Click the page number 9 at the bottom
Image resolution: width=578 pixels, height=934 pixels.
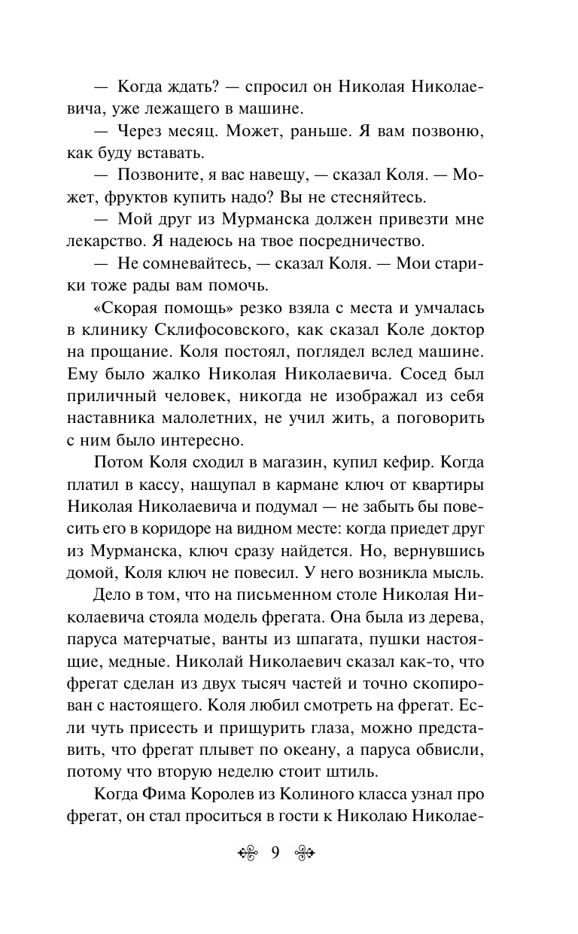275,853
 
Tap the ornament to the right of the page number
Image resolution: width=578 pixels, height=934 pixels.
303,853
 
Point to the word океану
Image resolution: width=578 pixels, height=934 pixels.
357,750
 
